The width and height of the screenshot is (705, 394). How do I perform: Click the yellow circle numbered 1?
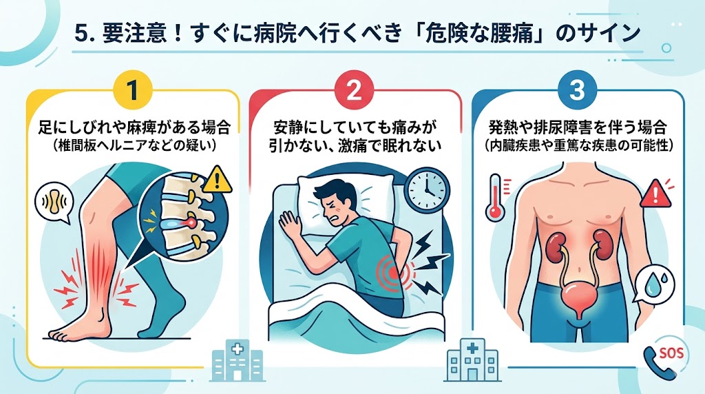pyautogui.click(x=132, y=90)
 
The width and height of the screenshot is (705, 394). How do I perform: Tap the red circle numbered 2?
pyautogui.click(x=355, y=90)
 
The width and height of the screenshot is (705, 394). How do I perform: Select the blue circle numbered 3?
pyautogui.click(x=577, y=90)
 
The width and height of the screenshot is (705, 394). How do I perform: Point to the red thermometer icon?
pyautogui.click(x=496, y=197)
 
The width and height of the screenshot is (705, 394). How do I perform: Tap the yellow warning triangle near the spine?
pyautogui.click(x=217, y=179)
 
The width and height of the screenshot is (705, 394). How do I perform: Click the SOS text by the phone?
pyautogui.click(x=670, y=353)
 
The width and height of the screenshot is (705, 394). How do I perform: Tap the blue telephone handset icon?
pyautogui.click(x=659, y=362)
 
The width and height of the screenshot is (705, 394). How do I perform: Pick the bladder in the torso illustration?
pyautogui.click(x=578, y=296)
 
